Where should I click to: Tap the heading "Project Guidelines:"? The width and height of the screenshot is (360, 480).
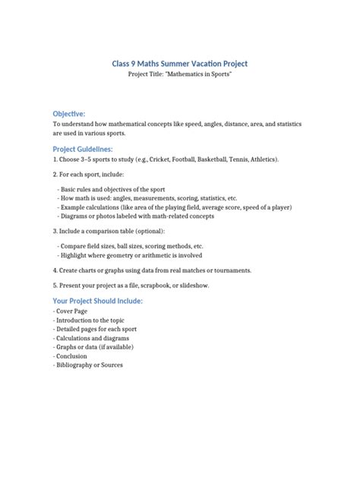[x=82, y=148]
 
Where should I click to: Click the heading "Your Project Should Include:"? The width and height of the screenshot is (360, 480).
[x=97, y=301]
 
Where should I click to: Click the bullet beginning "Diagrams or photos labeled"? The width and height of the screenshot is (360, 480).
[x=137, y=216]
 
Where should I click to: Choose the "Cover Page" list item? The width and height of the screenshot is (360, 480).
[x=71, y=311]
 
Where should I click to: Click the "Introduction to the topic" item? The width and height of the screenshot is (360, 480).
[x=91, y=321]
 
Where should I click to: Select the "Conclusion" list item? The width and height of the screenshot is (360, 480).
[x=71, y=355]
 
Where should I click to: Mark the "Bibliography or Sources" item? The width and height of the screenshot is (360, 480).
[x=89, y=365]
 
